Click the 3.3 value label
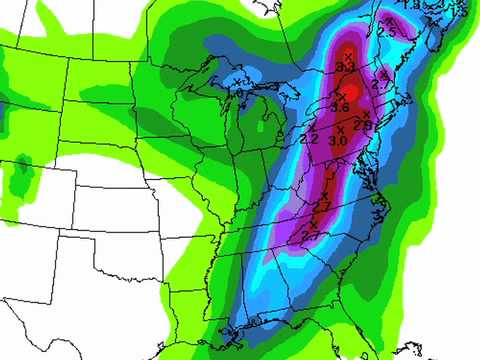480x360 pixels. (346, 66)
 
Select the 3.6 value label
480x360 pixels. (339, 107)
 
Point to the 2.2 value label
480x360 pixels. (309, 139)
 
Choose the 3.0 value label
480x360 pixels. (337, 141)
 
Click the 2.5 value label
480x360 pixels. (388, 32)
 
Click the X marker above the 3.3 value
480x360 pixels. (347, 53)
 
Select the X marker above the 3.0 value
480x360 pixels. (339, 129)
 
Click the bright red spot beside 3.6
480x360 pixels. (349, 92)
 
